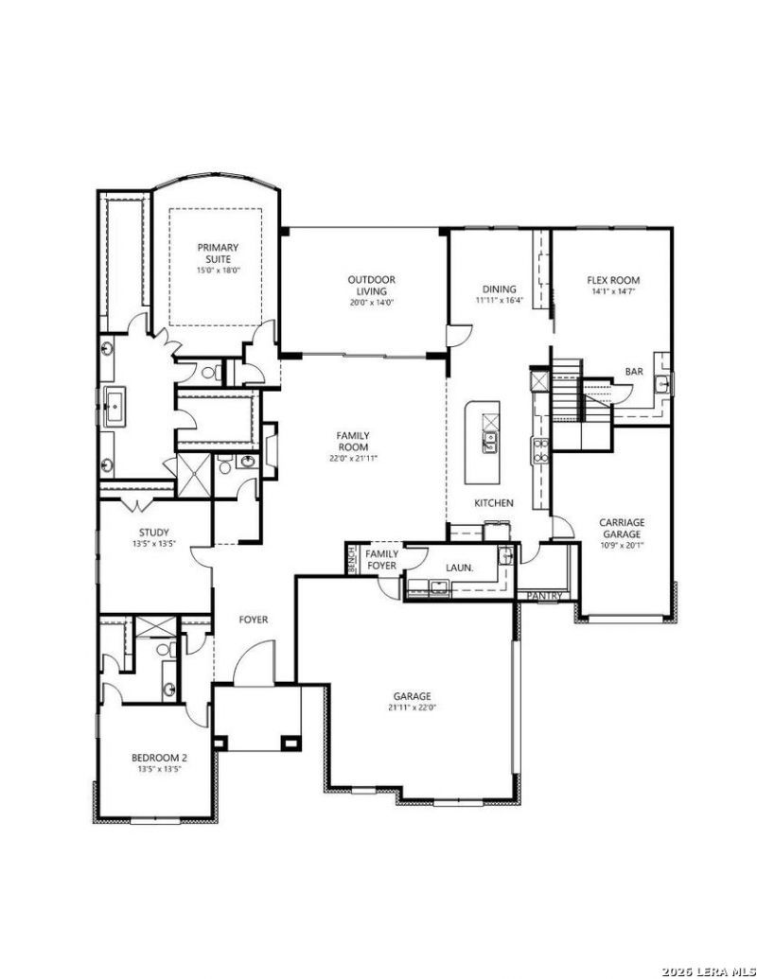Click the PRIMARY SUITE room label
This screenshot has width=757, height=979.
[218, 253]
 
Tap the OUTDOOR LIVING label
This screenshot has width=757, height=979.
[372, 286]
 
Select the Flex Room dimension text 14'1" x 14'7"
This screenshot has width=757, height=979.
[613, 291]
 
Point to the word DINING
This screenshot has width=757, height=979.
[499, 289]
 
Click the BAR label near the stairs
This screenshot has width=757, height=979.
[634, 372]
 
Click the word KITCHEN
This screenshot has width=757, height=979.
[493, 502]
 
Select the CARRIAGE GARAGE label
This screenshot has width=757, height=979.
[622, 528]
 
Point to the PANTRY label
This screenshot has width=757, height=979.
[545, 596]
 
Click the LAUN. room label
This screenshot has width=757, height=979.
[459, 568]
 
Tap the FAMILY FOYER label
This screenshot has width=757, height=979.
[381, 559]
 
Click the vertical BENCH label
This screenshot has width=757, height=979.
[352, 559]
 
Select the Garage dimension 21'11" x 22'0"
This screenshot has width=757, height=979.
[412, 708]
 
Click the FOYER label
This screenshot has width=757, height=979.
[254, 620]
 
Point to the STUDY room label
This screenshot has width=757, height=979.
[153, 533]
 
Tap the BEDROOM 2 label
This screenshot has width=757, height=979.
[159, 758]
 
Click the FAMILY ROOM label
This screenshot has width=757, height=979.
[354, 442]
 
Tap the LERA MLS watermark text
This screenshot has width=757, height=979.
[709, 970]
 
